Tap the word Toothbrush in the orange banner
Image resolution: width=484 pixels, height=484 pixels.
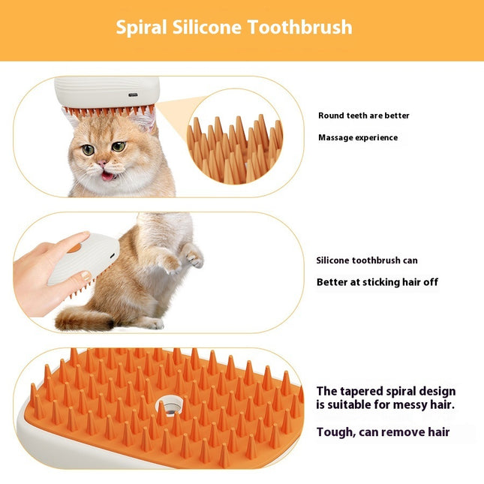point(306,28)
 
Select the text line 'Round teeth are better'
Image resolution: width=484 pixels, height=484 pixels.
point(363,116)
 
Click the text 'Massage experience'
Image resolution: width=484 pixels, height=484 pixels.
point(358,137)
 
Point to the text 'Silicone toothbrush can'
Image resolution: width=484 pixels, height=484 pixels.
point(367,260)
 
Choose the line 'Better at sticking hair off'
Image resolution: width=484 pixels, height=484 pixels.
point(377,282)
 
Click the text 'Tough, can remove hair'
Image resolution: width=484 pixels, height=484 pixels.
point(383,431)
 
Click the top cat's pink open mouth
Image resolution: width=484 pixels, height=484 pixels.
point(108,176)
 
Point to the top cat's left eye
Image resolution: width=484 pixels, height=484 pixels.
point(89,149)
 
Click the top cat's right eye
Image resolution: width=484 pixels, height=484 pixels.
point(119,146)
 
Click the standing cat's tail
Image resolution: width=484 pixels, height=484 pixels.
point(83,320)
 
